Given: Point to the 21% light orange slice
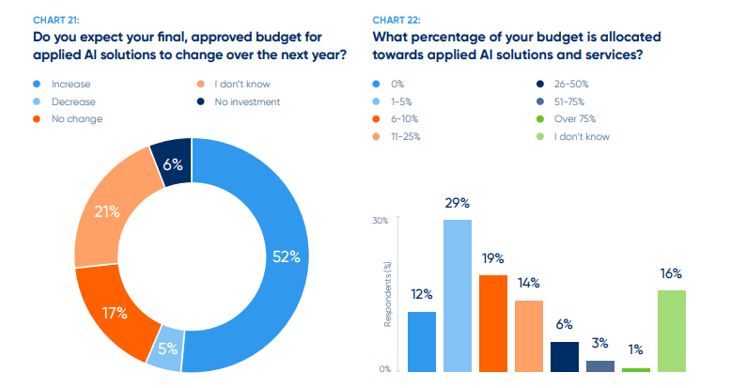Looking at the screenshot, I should (x=106, y=213).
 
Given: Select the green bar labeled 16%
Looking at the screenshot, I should (x=671, y=330).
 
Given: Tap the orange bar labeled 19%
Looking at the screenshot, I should (x=493, y=322).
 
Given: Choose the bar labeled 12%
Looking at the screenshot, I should (x=422, y=341).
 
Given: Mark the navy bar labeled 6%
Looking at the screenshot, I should (x=565, y=356).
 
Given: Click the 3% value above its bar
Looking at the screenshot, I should (x=599, y=343).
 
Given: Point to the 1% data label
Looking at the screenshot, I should (x=635, y=349).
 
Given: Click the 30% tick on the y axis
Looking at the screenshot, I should (x=381, y=221).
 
